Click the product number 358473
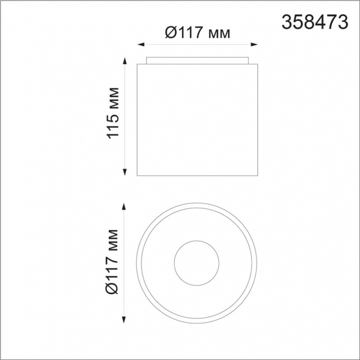[315, 22]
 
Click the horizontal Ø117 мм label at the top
[197, 32]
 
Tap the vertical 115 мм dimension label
[113, 113]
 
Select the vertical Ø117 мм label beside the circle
[112, 262]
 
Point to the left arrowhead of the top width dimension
[141, 45]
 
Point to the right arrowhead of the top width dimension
[254, 45]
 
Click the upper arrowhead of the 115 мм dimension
[125, 61]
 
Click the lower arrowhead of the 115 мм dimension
[125, 172]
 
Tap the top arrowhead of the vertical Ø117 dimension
[124, 207]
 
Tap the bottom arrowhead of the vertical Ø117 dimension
[124, 320]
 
